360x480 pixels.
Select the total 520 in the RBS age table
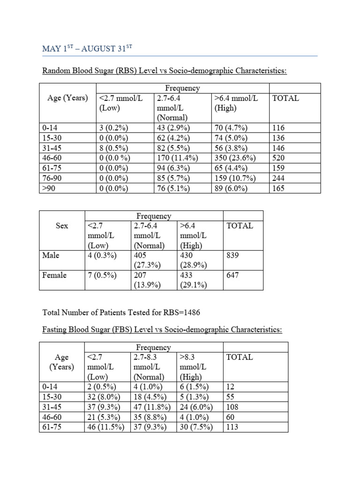coord(279,158)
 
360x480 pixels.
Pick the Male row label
coord(51,255)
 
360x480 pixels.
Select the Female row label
coord(54,275)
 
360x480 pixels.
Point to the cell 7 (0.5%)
coord(102,275)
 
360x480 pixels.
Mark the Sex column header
coord(62,225)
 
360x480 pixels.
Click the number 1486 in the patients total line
coord(191,312)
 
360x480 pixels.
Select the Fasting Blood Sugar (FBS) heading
coord(162,330)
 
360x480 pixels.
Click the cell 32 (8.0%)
coord(105,396)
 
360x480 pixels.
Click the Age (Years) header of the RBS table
coord(68,98)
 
